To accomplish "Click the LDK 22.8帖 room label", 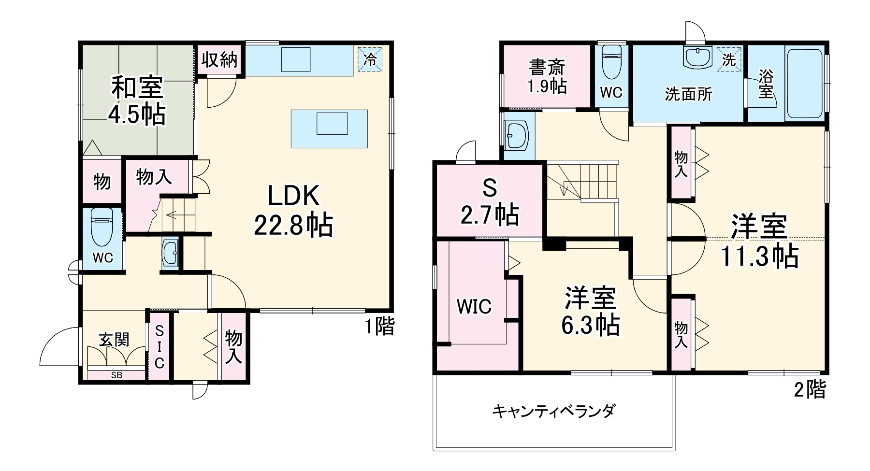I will click(293, 211).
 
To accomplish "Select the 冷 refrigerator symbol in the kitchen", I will click(370, 59).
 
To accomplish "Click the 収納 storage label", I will click(219, 60).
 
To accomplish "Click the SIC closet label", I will click(159, 346).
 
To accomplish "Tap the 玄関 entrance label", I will click(114, 340).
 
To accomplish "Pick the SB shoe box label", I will click(116, 375).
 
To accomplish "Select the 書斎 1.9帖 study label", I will click(547, 76).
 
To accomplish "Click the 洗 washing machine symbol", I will click(729, 60).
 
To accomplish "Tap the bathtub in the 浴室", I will click(805, 83).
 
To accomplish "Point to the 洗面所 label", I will click(688, 95).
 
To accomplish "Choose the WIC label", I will click(474, 306).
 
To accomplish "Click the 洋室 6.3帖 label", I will click(590, 311).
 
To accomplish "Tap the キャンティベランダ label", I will click(553, 411).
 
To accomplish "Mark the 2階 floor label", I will click(810, 389).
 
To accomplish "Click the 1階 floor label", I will click(379, 327).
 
